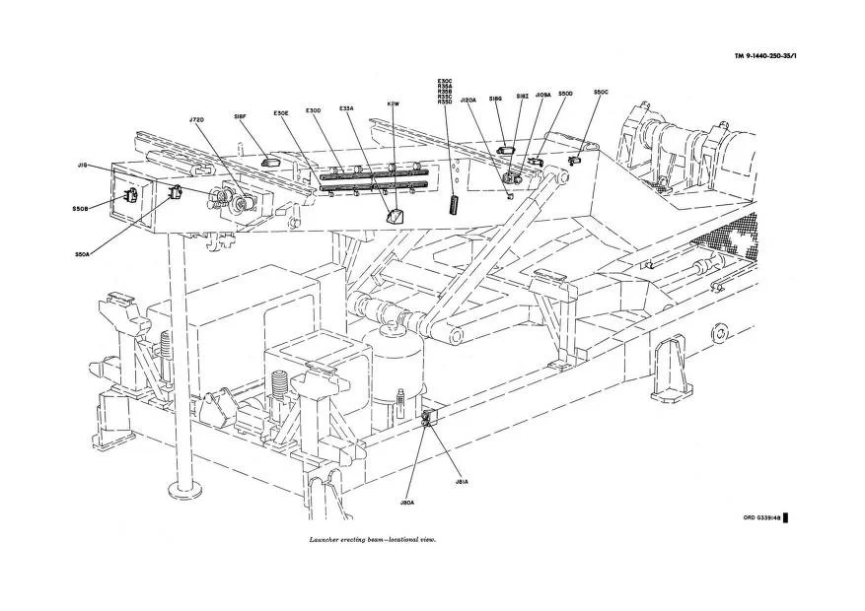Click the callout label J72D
pos(195,120)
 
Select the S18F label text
pos(240,116)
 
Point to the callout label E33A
pos(347,108)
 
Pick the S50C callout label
pos(601,93)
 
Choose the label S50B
pos(81,208)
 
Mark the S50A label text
pos(83,253)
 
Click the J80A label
pos(407,503)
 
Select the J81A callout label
pos(461,482)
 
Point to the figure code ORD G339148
pos(761,517)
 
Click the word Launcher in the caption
pos(324,540)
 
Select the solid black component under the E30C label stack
pos(456,202)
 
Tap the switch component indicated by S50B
pos(129,195)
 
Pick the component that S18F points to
pos(272,153)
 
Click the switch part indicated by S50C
pos(573,157)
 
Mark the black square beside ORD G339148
pos(785,517)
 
